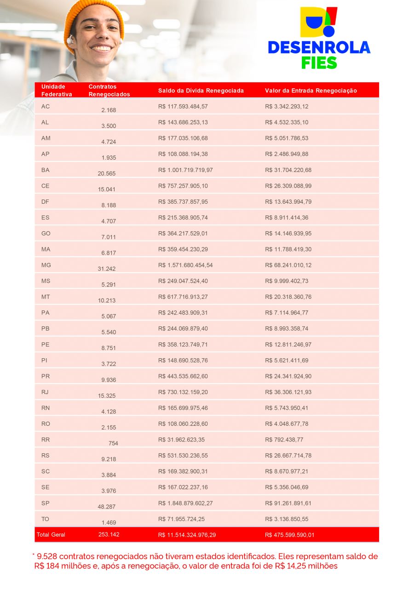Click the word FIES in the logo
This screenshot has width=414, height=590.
tap(319, 62)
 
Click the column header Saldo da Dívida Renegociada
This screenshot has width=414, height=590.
tap(201, 91)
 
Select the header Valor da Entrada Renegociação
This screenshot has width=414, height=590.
tap(311, 91)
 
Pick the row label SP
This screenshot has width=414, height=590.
tap(45, 503)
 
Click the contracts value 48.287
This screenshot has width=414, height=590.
tap(107, 507)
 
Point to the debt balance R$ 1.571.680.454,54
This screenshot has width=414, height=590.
tap(185, 265)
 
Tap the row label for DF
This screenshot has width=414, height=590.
tap(45, 202)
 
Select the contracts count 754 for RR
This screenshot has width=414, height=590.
tap(113, 443)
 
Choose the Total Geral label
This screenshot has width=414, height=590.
tap(51, 535)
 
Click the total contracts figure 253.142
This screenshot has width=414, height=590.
tap(109, 534)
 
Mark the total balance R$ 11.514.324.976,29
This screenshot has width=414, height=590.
tap(187, 535)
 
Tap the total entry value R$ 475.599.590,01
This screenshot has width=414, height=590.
tap(290, 535)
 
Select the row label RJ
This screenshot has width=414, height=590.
tap(45, 392)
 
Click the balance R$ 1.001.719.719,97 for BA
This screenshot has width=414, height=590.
tap(185, 170)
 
